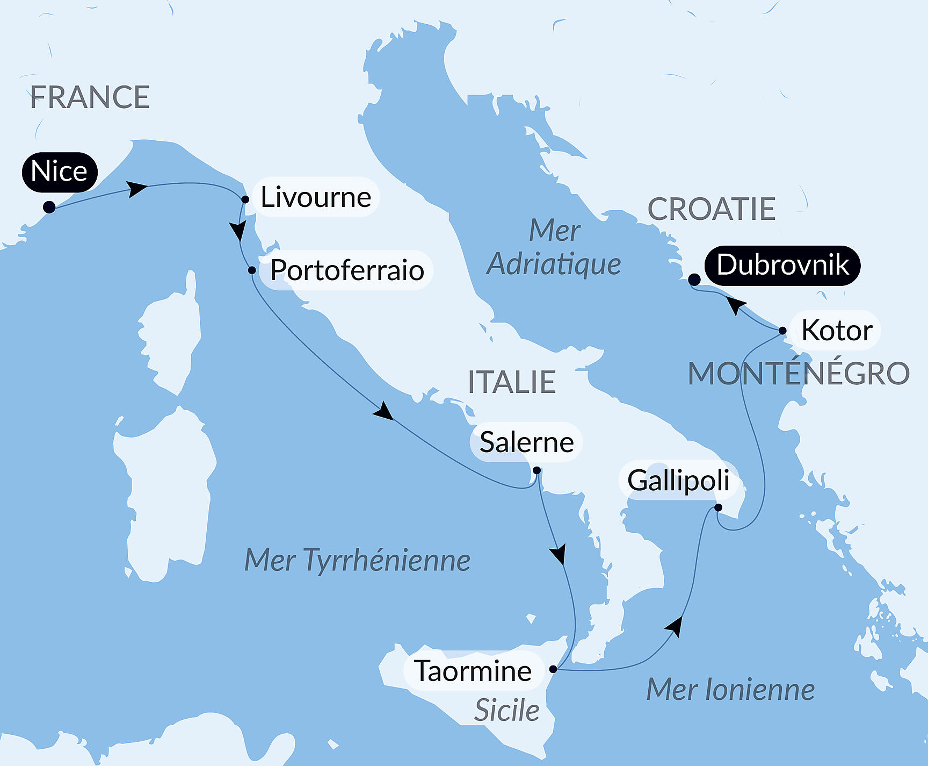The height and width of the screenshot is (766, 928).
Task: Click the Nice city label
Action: [60, 172]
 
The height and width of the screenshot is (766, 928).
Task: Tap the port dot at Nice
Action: [49, 207]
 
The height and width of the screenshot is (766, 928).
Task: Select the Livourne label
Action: [316, 197]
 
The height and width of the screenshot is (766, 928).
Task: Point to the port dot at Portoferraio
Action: [252, 270]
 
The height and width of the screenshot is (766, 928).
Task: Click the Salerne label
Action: [526, 442]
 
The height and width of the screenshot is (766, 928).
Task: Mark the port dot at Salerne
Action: [536, 471]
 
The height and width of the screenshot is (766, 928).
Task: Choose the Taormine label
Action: [473, 671]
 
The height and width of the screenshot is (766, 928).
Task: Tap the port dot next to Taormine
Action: [553, 669]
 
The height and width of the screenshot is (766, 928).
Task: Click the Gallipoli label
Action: [678, 480]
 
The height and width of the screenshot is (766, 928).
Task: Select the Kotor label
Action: [837, 330]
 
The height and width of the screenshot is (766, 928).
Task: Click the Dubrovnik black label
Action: [782, 265]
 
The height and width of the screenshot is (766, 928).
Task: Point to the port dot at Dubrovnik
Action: [694, 280]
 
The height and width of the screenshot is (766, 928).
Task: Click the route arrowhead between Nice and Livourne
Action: [136, 189]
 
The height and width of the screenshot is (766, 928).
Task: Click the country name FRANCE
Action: [90, 97]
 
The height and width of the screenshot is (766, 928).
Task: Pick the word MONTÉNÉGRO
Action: [799, 374]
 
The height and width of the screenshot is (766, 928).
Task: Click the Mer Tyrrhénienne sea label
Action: [357, 560]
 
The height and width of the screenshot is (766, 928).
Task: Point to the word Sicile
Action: [507, 710]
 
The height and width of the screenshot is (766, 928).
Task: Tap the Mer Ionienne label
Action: [730, 690]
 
